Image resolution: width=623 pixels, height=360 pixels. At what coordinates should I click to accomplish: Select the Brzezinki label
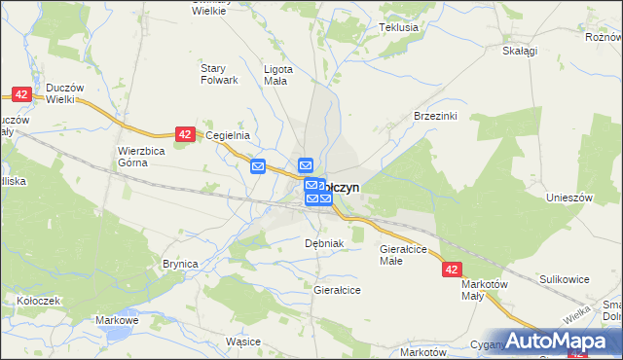[x=435, y=115]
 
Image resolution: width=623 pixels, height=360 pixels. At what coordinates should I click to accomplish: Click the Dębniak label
[x=324, y=242]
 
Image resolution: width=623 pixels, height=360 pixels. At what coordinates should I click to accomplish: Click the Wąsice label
[x=243, y=342]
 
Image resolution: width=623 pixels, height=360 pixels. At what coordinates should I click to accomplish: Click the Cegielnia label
[x=230, y=136]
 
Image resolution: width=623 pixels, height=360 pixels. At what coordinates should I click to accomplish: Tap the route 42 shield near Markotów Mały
[x=451, y=269]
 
